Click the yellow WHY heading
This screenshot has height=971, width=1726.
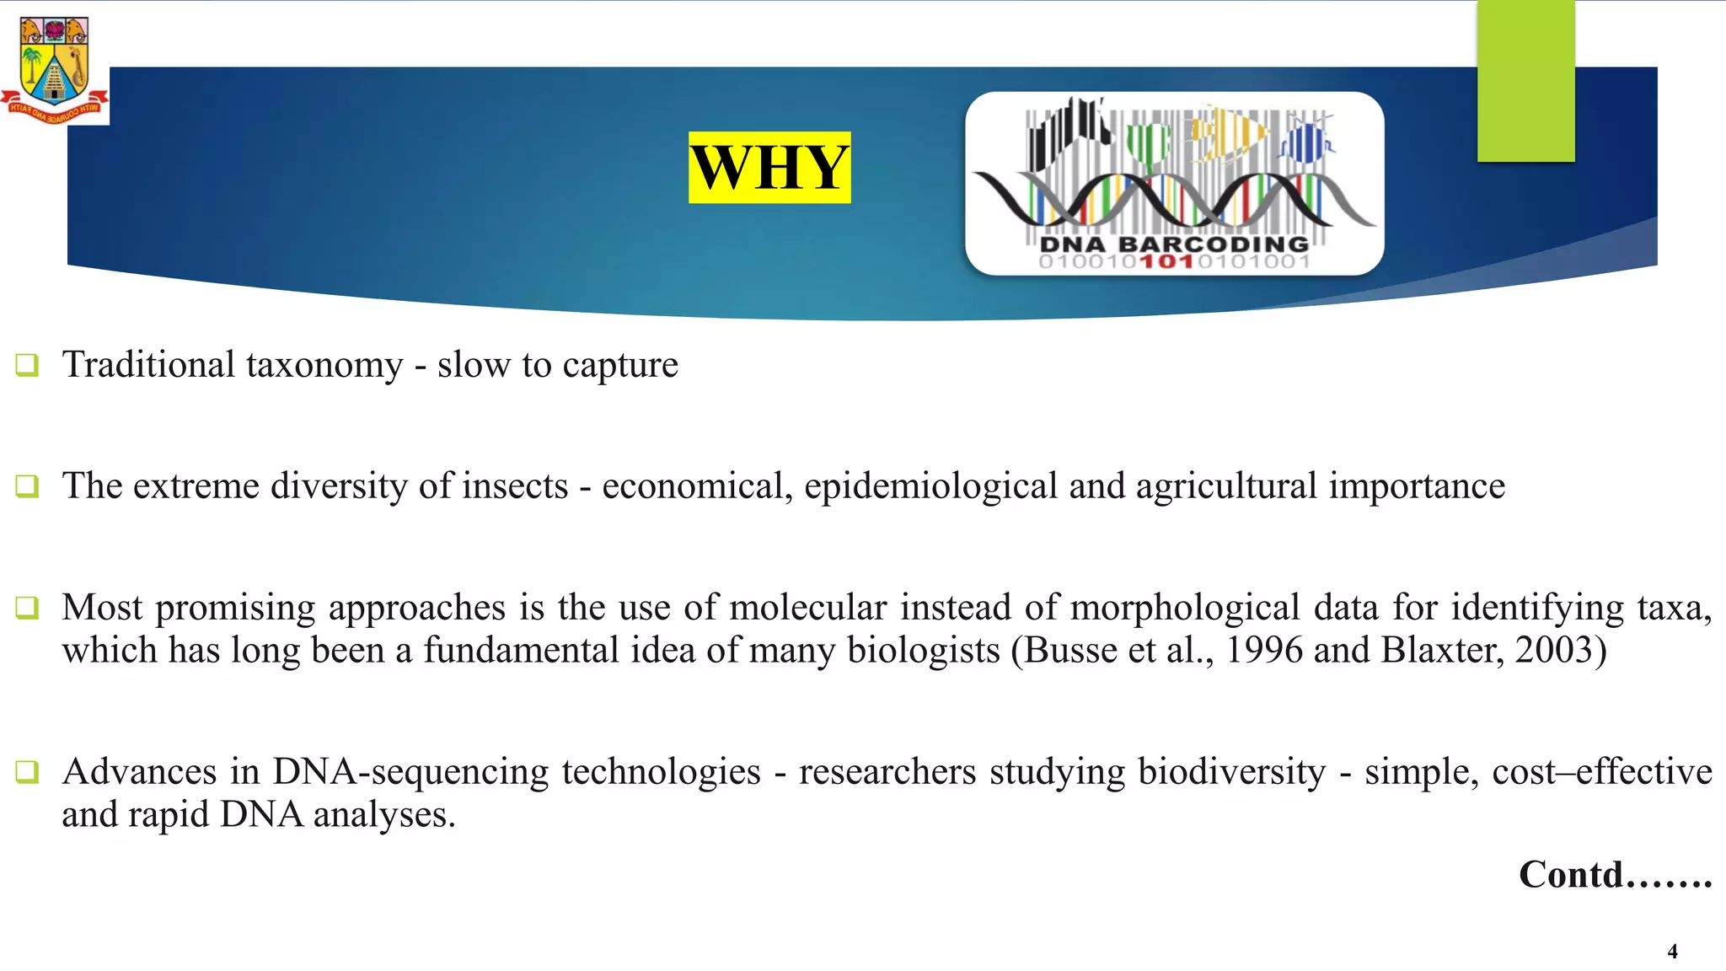pyautogui.click(x=769, y=168)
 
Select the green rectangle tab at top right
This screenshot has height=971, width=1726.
pyautogui.click(x=1525, y=81)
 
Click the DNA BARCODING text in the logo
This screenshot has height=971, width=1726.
pyautogui.click(x=1174, y=244)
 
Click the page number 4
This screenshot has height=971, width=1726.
pyautogui.click(x=1672, y=952)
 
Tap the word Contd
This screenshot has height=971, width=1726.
pyautogui.click(x=1572, y=875)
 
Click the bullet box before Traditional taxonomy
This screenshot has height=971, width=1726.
pyautogui.click(x=27, y=365)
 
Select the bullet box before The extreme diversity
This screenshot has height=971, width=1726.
pyautogui.click(x=27, y=486)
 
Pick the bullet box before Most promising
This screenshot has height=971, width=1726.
pyautogui.click(x=27, y=608)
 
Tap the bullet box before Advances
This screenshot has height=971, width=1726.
pyautogui.click(x=27, y=771)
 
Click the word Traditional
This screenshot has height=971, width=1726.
pyautogui.click(x=148, y=365)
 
